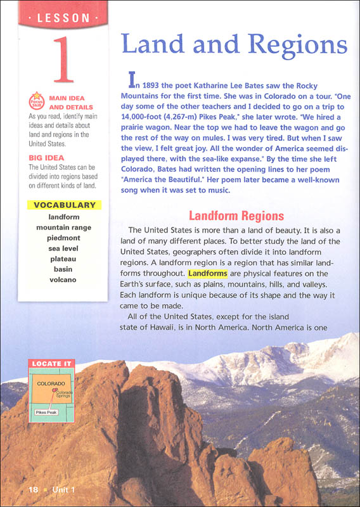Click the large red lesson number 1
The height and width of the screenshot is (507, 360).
(x=62, y=60)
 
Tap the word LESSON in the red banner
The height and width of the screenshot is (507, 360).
(x=63, y=18)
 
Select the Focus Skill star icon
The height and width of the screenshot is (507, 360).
(x=36, y=102)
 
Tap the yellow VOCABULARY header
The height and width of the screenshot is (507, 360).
(x=65, y=205)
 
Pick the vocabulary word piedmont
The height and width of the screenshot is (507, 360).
(x=63, y=238)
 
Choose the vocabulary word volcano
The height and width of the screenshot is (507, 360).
(x=63, y=279)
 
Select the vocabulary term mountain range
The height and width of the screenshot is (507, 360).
(x=63, y=227)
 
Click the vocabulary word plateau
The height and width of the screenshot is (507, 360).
(x=63, y=259)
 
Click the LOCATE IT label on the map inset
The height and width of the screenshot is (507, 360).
(x=51, y=364)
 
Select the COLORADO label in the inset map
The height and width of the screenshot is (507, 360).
(x=51, y=384)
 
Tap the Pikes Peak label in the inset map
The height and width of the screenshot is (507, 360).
(x=46, y=412)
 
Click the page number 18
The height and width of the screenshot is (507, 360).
(x=34, y=490)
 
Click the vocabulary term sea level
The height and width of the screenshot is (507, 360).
(x=63, y=248)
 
